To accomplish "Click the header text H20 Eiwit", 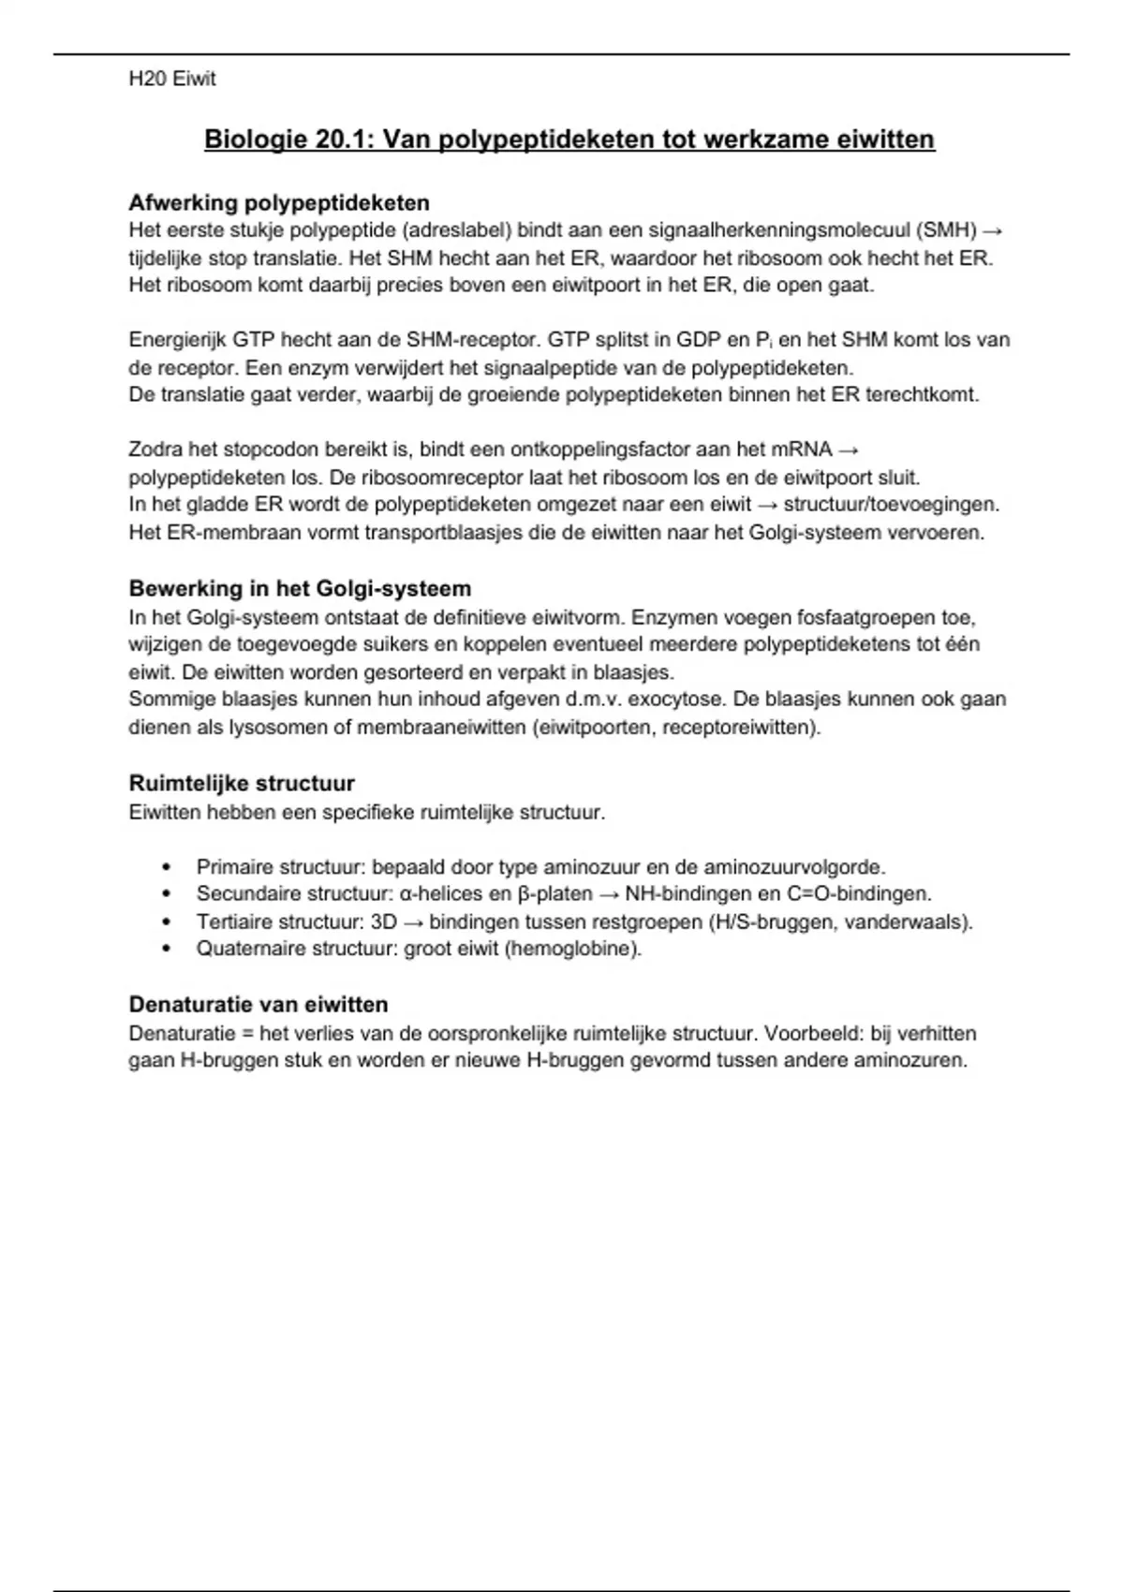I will (172, 80).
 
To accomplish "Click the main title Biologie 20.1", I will (569, 140).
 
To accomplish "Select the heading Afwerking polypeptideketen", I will (279, 202).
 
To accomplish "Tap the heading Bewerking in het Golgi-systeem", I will (300, 588).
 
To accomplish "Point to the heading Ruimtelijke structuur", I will (242, 783).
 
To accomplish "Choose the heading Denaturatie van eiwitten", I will (259, 1004).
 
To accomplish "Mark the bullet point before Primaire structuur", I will (168, 867).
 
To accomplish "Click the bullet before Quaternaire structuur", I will (168, 949).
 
